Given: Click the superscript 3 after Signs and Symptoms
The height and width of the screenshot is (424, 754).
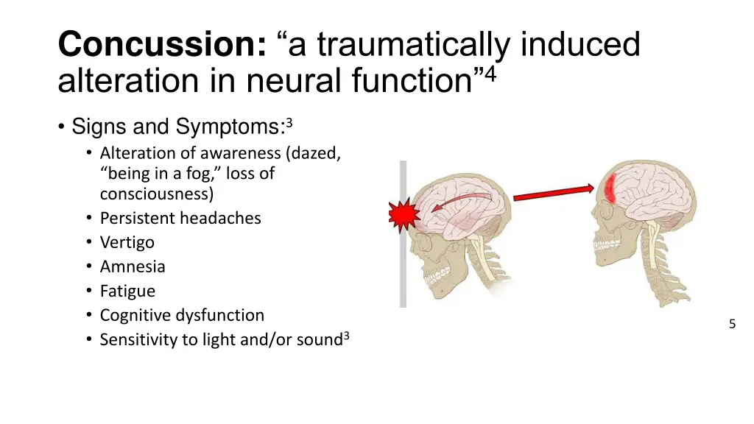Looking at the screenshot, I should (289, 122).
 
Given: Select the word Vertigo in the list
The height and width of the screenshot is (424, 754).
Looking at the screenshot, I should (127, 242).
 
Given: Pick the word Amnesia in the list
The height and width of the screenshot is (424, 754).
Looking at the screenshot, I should (133, 266).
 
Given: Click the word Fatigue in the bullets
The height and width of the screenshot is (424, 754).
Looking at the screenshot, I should (127, 291).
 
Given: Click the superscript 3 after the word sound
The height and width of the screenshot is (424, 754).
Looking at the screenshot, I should (346, 336).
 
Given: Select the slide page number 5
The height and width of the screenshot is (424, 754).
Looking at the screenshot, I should (732, 324).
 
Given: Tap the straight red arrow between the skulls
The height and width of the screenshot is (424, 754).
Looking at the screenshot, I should (552, 194).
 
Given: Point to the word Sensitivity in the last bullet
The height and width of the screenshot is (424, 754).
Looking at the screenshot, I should (138, 339).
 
